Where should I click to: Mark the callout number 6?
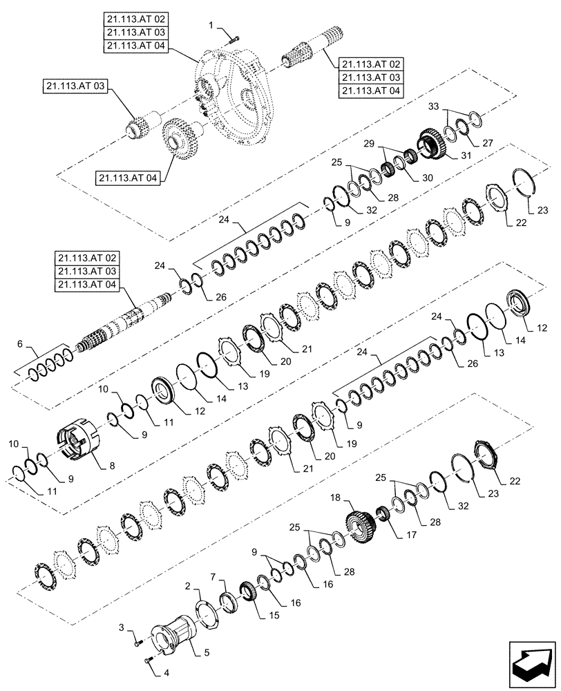[x=20, y=343]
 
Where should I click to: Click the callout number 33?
[x=433, y=107]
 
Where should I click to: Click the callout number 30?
[x=428, y=177]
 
